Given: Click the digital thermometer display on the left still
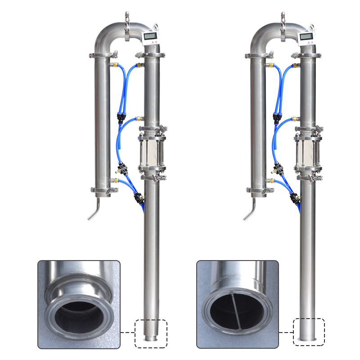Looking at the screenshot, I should pyautogui.click(x=150, y=36).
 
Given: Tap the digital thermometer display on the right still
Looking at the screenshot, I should pyautogui.click(x=307, y=36).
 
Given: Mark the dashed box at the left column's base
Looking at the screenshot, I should pyautogui.click(x=151, y=333).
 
